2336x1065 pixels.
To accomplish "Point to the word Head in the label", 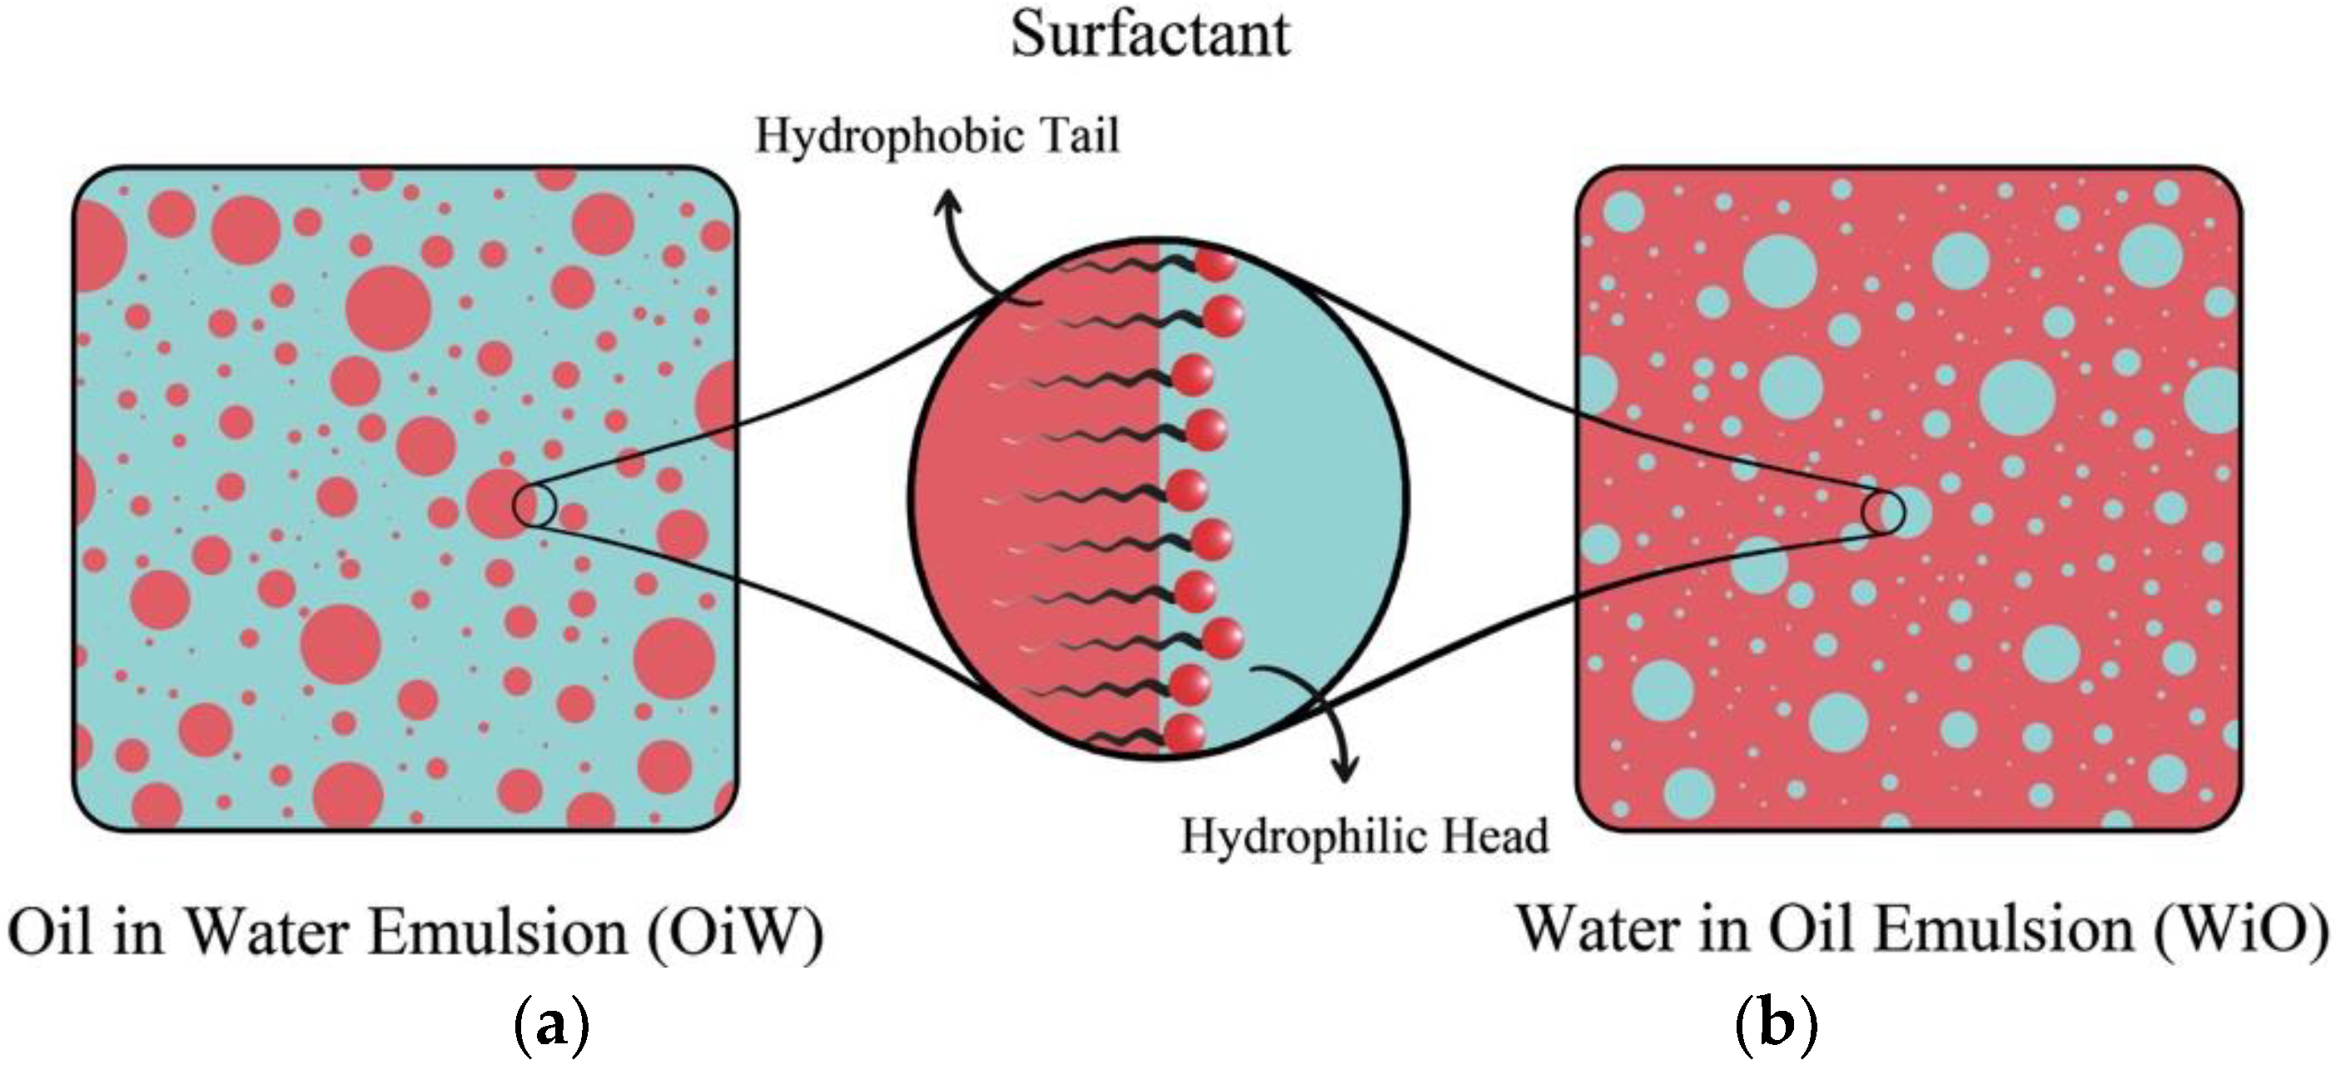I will coord(1494,836).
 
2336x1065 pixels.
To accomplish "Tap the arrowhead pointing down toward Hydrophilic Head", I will coord(1344,771).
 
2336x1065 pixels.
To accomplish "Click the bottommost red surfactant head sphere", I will coord(1185,733).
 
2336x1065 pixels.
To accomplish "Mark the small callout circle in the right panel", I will coord(1882,513).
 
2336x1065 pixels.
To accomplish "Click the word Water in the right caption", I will coord(1598,931).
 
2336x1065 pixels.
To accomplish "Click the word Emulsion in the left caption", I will coord(499,933).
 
